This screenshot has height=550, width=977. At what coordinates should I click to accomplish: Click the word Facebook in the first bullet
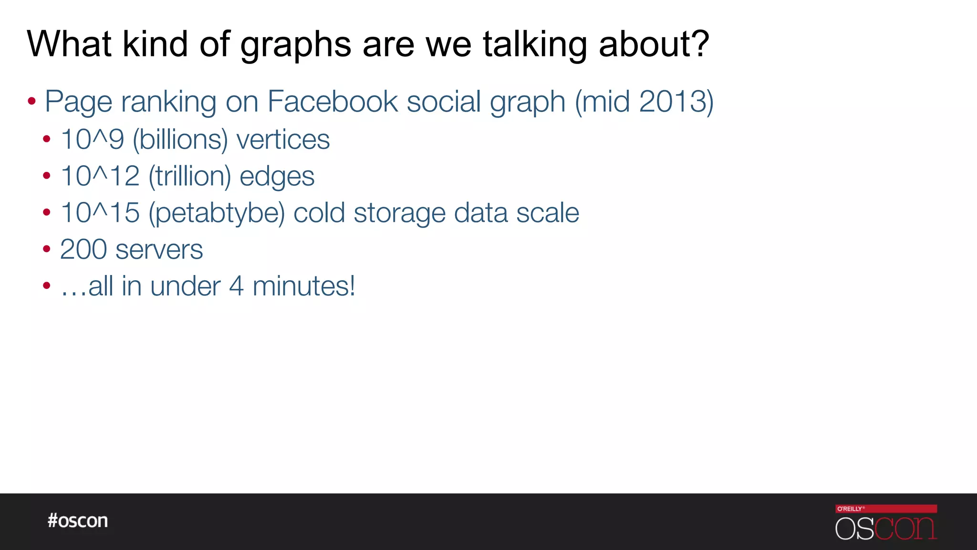[332, 101]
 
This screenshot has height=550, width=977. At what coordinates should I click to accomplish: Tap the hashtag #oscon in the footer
[78, 520]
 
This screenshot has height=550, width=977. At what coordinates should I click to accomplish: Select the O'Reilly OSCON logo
[886, 522]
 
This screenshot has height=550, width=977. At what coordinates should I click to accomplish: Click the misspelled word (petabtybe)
[217, 213]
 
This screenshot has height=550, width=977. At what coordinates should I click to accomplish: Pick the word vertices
[283, 139]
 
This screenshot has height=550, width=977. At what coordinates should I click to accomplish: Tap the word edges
[277, 177]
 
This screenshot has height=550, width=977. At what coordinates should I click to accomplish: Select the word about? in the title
[654, 44]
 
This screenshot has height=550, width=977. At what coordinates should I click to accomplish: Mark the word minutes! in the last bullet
[303, 286]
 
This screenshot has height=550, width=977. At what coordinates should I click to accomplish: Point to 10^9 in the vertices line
[93, 139]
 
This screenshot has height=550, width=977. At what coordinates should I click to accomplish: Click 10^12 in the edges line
[100, 176]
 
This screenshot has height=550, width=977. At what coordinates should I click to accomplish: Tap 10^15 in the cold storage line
[100, 212]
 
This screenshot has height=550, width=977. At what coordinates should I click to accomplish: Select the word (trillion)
[190, 176]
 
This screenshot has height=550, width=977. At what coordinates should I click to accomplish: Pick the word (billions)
[180, 139]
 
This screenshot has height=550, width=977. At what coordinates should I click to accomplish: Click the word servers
[159, 249]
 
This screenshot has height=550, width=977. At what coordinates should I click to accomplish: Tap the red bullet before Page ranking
[32, 101]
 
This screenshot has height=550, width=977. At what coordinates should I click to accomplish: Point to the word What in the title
[69, 44]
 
